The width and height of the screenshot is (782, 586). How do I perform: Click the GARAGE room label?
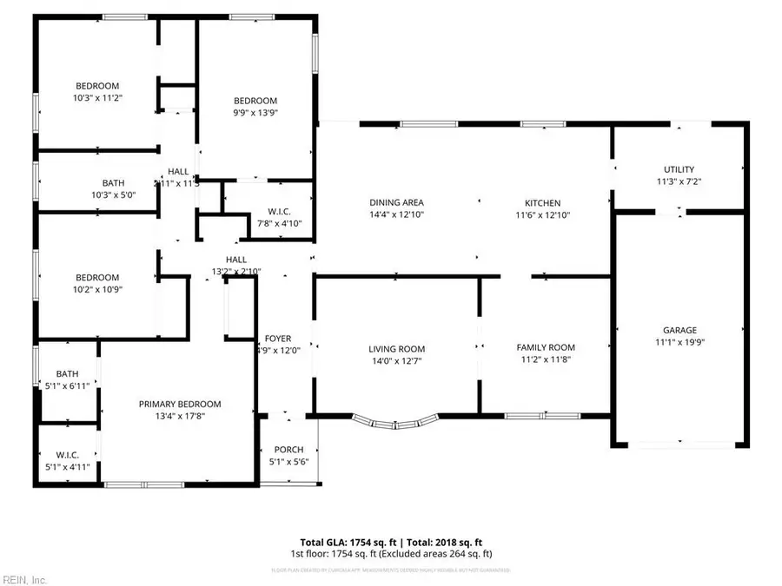pos(680,330)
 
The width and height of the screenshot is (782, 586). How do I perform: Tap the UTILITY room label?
pos(679,169)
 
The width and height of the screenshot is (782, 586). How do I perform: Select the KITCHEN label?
pos(547,202)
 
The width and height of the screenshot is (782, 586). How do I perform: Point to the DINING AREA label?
pos(396,202)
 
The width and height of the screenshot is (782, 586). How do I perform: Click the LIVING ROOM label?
pos(396,349)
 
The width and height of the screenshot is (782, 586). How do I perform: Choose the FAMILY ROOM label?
pos(547,347)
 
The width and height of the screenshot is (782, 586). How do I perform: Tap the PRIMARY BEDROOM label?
pos(181,404)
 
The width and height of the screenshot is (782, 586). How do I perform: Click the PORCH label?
pos(288,449)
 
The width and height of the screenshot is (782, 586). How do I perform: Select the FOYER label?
pos(278,339)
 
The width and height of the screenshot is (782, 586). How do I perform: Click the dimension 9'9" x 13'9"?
pos(255,112)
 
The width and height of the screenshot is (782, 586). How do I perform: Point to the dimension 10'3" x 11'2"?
pos(97,98)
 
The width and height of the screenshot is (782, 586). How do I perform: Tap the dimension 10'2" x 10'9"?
pos(96,290)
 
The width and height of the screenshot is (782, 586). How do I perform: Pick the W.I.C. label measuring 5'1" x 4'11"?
pos(68,457)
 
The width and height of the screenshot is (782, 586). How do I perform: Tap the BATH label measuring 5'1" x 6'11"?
pos(68,373)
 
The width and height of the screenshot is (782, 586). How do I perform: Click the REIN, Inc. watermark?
pos(26,576)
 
